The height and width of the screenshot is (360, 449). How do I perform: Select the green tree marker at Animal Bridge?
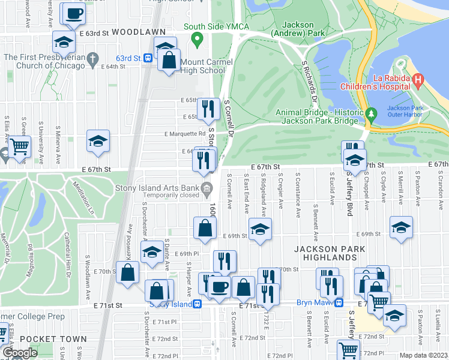tap(371, 113)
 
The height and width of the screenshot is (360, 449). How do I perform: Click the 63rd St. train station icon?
tap(148, 59)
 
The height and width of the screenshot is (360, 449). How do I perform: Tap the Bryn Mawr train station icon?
tap(339, 303)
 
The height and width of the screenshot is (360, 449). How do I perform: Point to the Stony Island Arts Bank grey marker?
tap(206, 191)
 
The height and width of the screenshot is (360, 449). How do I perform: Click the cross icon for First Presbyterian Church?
tap(92, 58)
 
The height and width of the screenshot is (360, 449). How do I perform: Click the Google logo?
tap(20, 353)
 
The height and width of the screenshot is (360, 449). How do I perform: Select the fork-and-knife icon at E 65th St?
tap(208, 109)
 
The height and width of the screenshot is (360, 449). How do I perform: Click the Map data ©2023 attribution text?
tap(423, 355)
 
